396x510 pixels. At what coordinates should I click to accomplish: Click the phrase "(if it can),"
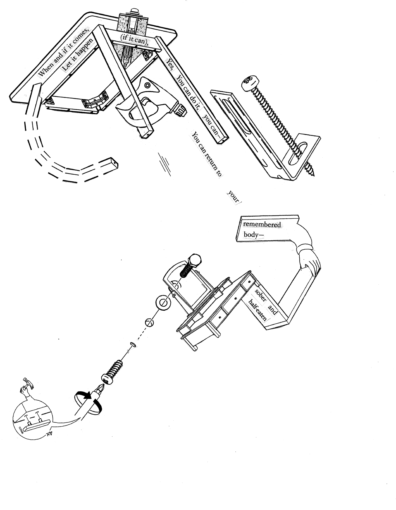134,40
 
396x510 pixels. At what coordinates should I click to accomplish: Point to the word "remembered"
262,224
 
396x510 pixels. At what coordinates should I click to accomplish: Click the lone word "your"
233,197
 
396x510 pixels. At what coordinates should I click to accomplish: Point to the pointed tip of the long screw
314,174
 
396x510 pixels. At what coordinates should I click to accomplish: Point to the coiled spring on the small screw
115,368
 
